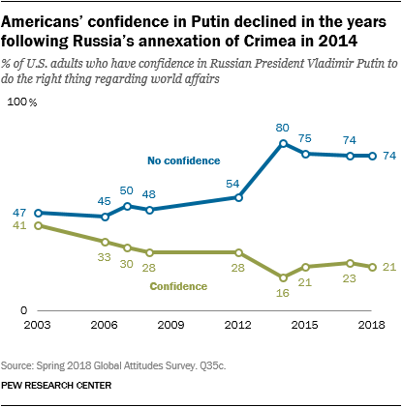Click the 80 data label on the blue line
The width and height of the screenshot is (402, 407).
pyautogui.click(x=283, y=127)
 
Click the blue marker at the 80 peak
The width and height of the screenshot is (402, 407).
pyautogui.click(x=283, y=143)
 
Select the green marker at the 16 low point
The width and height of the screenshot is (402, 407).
pyautogui.click(x=283, y=277)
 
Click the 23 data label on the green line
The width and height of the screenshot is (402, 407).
pyautogui.click(x=349, y=278)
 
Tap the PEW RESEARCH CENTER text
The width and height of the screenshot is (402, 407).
pyautogui.click(x=56, y=384)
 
